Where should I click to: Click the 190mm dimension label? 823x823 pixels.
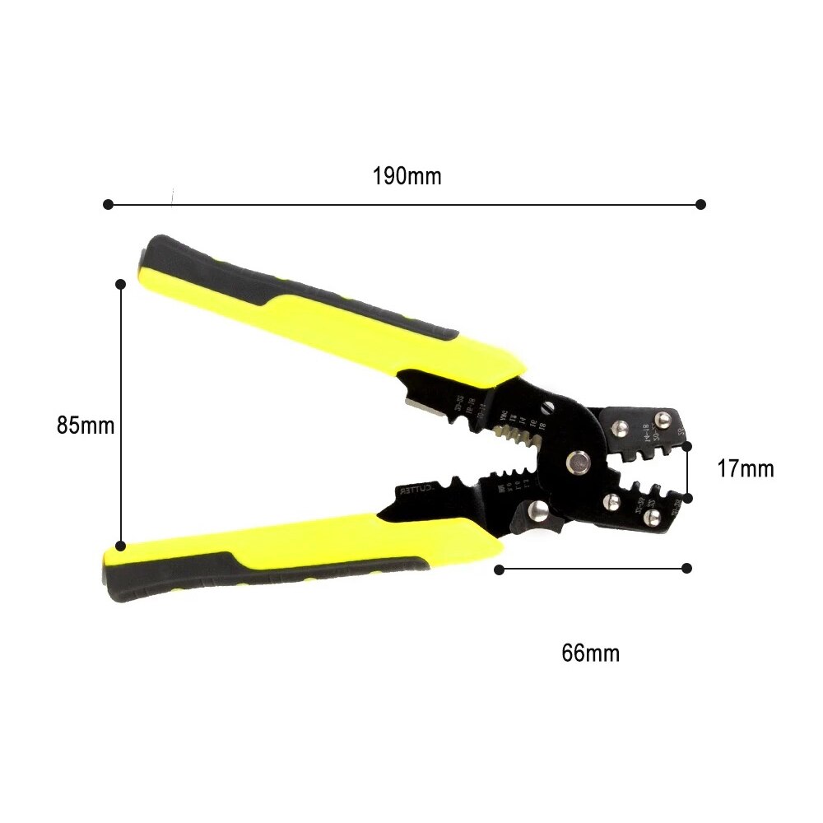(x=407, y=176)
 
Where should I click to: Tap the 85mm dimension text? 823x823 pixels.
(x=86, y=425)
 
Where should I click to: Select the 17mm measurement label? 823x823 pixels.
(x=745, y=469)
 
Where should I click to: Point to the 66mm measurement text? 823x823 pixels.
(x=590, y=653)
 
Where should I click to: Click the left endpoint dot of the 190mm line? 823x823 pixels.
(x=107, y=204)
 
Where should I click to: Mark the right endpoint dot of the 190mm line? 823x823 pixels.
(x=700, y=204)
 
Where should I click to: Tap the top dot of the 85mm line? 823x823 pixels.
(x=120, y=284)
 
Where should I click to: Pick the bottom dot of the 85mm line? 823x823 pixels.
(x=120, y=546)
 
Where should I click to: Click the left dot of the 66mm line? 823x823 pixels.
(x=499, y=568)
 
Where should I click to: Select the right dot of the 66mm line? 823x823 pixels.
(x=687, y=568)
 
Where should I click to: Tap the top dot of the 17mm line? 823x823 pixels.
(x=687, y=445)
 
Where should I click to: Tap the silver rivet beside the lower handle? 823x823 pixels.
(x=537, y=512)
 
